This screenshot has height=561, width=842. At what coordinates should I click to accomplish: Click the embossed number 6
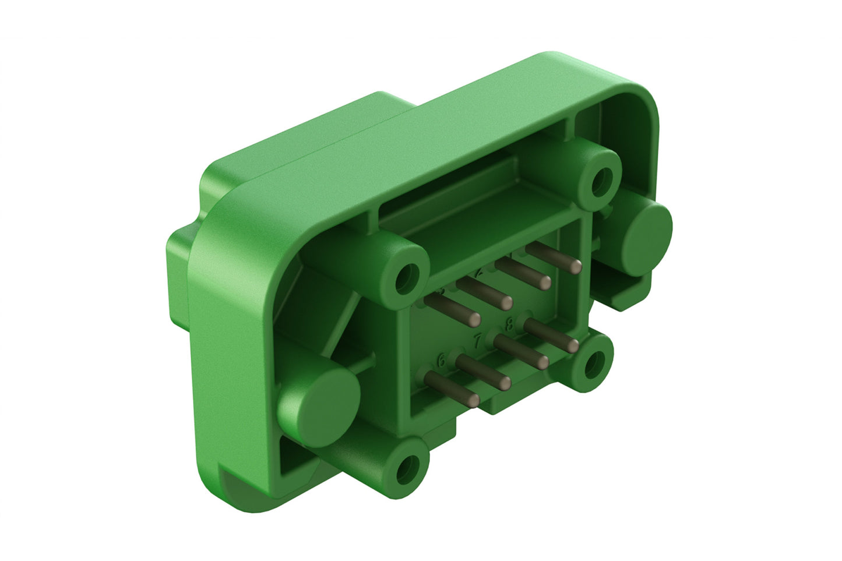(442, 361)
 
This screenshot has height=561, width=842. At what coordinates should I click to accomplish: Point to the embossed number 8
(509, 325)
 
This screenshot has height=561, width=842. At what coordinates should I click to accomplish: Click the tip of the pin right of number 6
(505, 383)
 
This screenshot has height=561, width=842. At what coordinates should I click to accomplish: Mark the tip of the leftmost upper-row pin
(475, 318)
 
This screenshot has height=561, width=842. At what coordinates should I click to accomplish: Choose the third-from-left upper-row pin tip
(544, 283)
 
